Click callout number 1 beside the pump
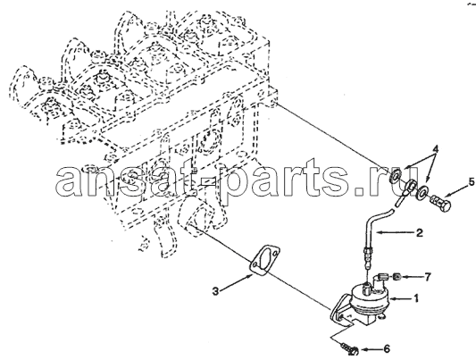click(415, 297)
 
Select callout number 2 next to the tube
click(419, 233)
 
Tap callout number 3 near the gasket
click(215, 292)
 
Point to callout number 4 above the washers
click(435, 149)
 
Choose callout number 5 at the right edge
click(472, 182)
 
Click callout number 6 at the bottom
click(387, 349)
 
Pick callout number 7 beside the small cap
click(428, 277)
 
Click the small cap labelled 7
click(397, 277)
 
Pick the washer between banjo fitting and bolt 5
click(422, 193)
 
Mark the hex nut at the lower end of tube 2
click(367, 251)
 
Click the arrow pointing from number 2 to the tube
click(395, 233)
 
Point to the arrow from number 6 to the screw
click(371, 349)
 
